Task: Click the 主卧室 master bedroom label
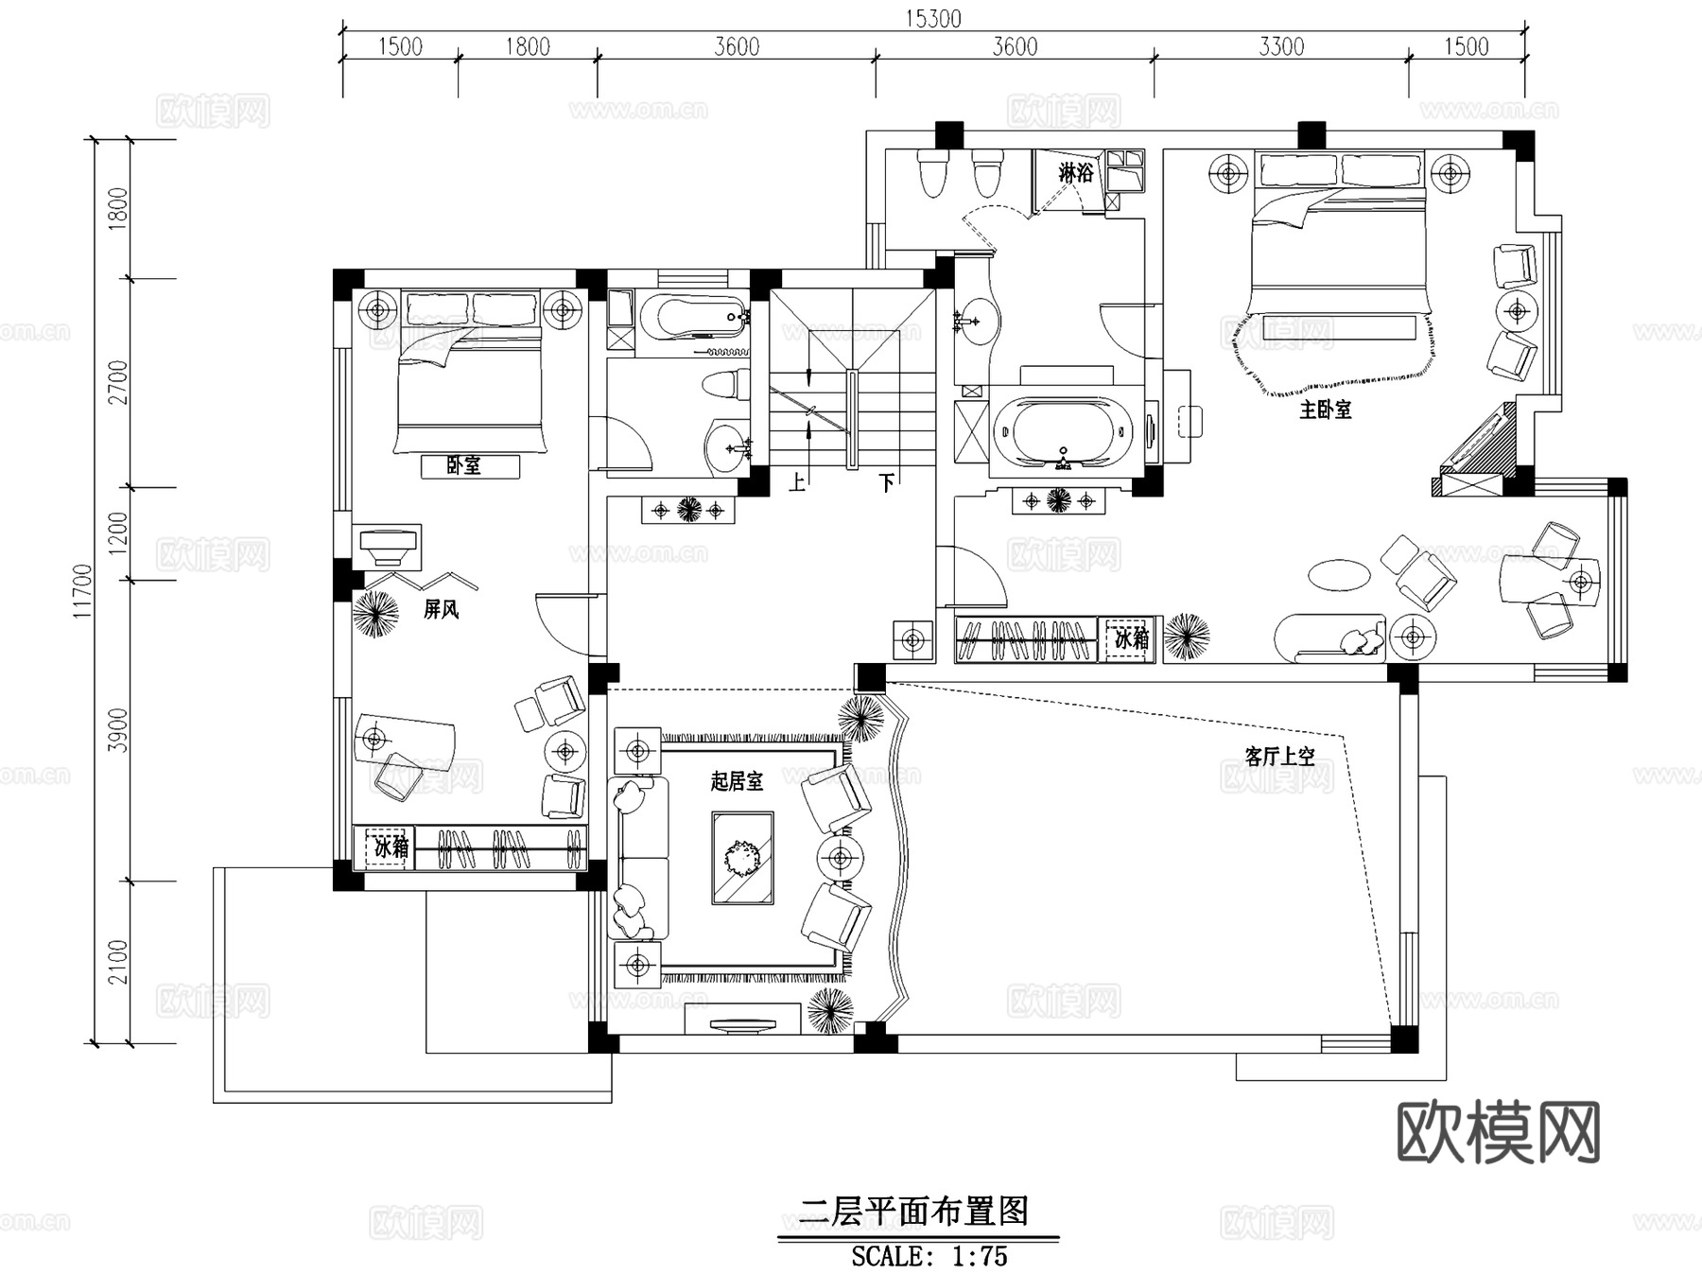(x=1325, y=410)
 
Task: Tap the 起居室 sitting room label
(x=737, y=781)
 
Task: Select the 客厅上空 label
(x=1279, y=756)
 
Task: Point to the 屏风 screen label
(x=441, y=609)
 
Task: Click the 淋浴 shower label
(x=1075, y=172)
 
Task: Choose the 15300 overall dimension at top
(x=932, y=18)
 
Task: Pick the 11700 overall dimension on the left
(x=83, y=591)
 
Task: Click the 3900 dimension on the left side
(x=117, y=730)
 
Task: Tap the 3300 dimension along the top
(x=1281, y=46)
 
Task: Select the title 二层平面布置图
(x=913, y=1212)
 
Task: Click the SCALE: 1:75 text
(x=929, y=1256)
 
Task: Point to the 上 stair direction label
(x=797, y=482)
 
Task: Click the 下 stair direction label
(x=886, y=482)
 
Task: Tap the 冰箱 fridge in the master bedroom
(x=1131, y=638)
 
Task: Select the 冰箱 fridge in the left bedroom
(x=391, y=846)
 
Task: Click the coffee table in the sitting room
(x=743, y=858)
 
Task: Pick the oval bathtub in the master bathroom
(x=1063, y=435)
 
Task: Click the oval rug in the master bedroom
(x=1339, y=574)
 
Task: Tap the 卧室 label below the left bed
(x=464, y=465)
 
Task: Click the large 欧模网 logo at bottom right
(x=1498, y=1132)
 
